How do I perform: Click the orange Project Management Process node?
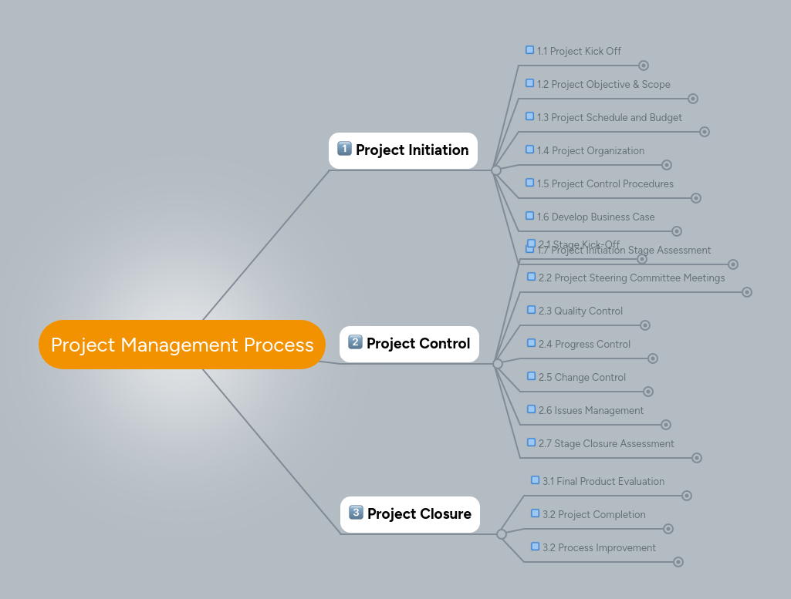tap(182, 345)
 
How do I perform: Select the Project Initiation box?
tap(403, 150)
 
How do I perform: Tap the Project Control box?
tap(409, 344)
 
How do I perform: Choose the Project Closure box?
tap(410, 514)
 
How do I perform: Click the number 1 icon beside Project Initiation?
tap(344, 149)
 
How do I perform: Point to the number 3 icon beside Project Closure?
tap(356, 513)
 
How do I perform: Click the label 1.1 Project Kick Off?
tap(579, 52)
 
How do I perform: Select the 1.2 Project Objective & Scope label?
tap(603, 85)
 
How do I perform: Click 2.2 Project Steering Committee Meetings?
tap(631, 278)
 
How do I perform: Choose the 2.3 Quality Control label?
tap(580, 311)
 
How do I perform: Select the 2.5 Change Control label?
tap(582, 378)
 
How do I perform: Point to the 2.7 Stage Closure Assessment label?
tap(606, 444)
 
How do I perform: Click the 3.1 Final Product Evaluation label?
tap(603, 482)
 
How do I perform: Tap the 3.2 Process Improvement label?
tap(599, 548)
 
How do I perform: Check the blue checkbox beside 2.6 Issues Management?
tap(531, 409)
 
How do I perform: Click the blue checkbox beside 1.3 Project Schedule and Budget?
tap(529, 116)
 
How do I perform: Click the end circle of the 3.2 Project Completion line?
tap(668, 529)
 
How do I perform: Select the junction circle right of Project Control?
tap(498, 364)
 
